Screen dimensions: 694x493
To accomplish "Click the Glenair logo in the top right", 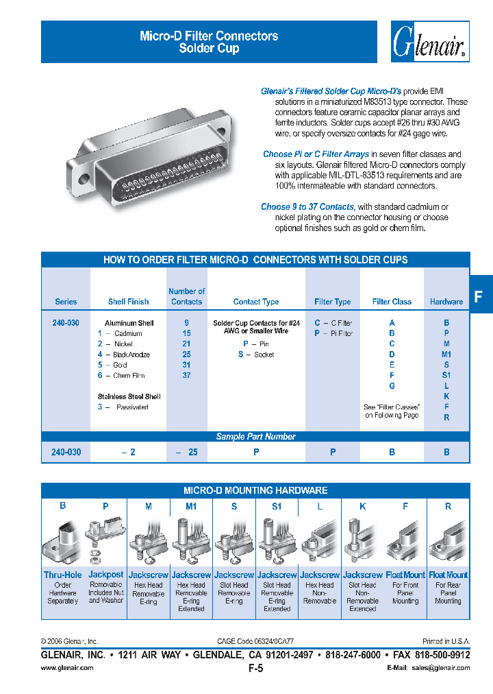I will pyautogui.click(x=430, y=43).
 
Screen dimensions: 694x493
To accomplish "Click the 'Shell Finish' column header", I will pyautogui.click(x=128, y=302).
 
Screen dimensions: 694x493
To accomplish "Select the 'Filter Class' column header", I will pyautogui.click(x=392, y=302).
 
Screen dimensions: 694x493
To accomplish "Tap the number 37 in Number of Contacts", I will pyautogui.click(x=186, y=375).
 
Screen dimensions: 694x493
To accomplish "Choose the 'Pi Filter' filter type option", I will pyautogui.click(x=333, y=333).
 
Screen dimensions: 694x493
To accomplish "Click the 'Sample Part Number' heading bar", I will pyautogui.click(x=255, y=437).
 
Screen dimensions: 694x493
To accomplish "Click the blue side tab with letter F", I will pyautogui.click(x=479, y=296).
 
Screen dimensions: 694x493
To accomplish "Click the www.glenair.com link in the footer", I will pyautogui.click(x=67, y=668).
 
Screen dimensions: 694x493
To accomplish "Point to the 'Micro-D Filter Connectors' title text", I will pyautogui.click(x=209, y=36).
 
